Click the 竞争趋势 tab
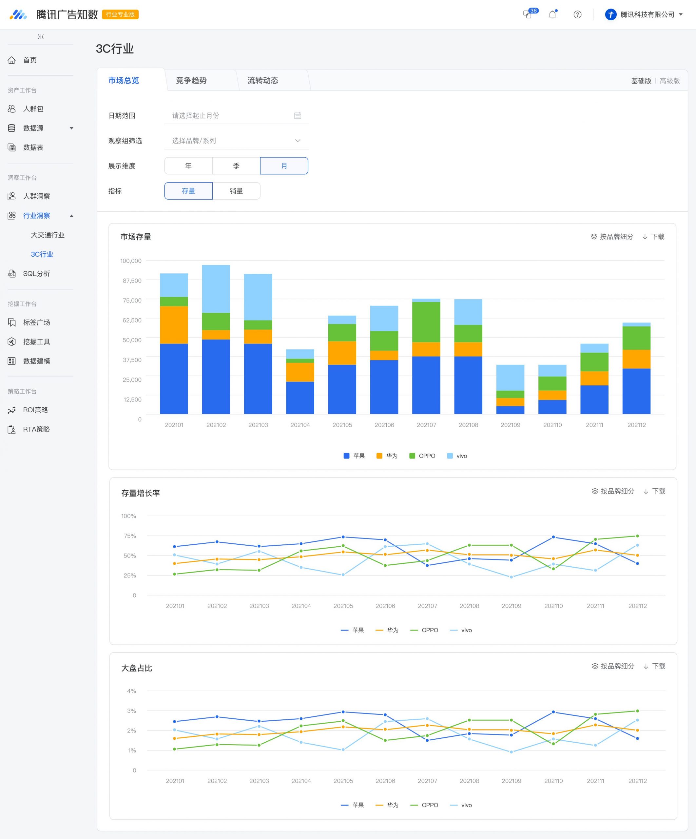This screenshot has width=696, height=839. (191, 80)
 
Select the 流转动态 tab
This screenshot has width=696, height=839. (263, 80)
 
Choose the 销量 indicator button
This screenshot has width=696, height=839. (236, 191)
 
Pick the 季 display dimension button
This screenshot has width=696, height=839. (236, 166)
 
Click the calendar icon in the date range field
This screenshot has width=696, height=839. (298, 115)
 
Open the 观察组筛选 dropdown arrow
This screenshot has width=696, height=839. (298, 141)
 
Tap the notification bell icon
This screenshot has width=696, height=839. (552, 14)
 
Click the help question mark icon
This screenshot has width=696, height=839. (577, 15)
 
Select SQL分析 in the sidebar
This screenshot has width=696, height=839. (36, 274)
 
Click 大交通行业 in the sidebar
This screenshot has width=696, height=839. (48, 235)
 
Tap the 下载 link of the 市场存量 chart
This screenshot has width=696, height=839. (653, 237)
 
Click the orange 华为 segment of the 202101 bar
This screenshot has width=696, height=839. (174, 325)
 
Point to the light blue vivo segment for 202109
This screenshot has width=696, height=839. (510, 378)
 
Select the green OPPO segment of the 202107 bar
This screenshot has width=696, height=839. (426, 322)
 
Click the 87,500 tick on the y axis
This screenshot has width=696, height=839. (132, 281)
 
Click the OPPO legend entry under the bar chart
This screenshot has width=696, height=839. (422, 456)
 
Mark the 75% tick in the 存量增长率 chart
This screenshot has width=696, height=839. (130, 536)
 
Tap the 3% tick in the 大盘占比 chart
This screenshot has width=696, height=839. (131, 711)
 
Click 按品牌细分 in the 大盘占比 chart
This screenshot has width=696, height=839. (613, 666)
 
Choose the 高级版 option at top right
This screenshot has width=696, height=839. (670, 81)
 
